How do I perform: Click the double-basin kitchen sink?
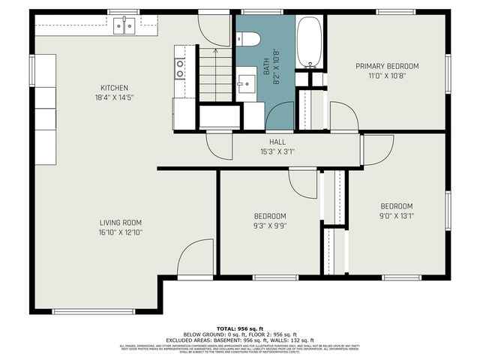124,25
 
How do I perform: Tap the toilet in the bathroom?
249,38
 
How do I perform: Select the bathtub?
308,42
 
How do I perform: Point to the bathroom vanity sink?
245,84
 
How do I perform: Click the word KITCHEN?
115,88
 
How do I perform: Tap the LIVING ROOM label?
121,223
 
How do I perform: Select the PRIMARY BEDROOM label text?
387,66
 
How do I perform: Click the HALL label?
277,142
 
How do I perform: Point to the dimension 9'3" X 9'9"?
269,226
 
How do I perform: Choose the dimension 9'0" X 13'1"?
396,216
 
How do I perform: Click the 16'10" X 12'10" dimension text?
121,232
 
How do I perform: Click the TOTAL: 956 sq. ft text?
240,328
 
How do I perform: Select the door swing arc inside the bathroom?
280,117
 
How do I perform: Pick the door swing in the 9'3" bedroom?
304,184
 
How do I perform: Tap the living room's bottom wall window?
93,311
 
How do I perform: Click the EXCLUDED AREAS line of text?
240,339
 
